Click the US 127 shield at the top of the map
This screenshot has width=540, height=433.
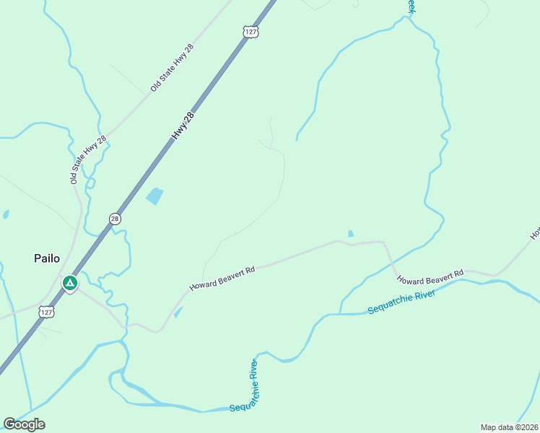251,32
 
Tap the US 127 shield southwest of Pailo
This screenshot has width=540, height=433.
46,312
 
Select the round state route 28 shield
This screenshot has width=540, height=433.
114,218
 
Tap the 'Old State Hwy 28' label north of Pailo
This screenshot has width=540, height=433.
89,159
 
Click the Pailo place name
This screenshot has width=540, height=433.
46,258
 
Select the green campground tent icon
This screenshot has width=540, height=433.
70,283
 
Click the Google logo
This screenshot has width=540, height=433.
24,424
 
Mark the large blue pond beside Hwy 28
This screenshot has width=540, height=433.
154,196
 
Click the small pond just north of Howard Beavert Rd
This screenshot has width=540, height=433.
351,234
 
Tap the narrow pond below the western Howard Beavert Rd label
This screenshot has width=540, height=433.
178,312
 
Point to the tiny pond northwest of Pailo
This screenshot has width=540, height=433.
5,214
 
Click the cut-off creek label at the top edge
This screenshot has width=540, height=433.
411,6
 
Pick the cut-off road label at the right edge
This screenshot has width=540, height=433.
535,233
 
